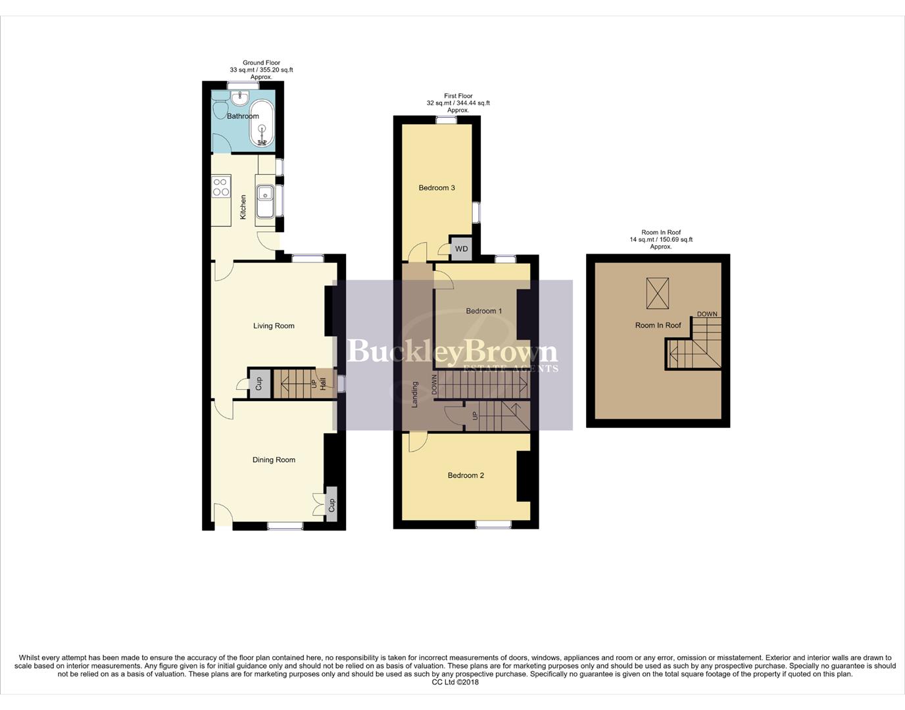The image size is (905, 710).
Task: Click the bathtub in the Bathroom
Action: [262, 123]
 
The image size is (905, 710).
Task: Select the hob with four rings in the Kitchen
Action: [221, 187]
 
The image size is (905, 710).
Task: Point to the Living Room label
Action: [274, 325]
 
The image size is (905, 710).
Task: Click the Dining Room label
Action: [274, 460]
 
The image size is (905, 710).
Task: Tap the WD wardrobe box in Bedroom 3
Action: [462, 248]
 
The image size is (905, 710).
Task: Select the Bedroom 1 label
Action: [483, 311]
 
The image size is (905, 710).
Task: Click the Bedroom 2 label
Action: [466, 475]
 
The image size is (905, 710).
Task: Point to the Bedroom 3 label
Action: [437, 187]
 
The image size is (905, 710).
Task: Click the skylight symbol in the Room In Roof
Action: [657, 293]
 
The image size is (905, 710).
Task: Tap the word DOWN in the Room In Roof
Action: [707, 314]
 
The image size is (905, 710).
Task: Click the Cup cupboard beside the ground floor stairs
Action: [258, 383]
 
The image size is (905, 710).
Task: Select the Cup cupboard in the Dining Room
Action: [331, 504]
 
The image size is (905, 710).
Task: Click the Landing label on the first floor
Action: [414, 394]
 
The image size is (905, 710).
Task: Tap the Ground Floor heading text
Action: [261, 63]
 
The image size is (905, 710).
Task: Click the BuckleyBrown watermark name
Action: [452, 352]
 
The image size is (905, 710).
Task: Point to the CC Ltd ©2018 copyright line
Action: [455, 682]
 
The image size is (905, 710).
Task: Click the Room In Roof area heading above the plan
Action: [661, 233]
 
